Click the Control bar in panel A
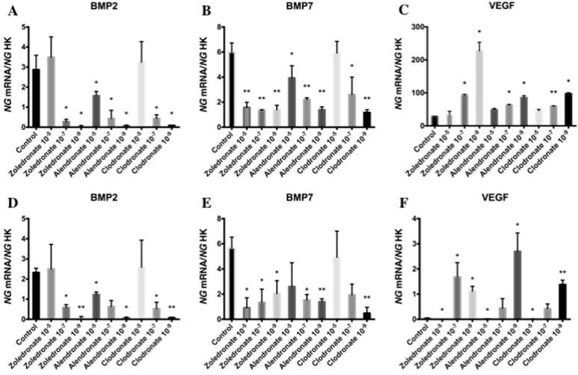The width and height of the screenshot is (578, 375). point(36,97)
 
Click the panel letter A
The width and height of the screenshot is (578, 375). point(7,10)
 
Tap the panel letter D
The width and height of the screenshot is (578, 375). point(7,202)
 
